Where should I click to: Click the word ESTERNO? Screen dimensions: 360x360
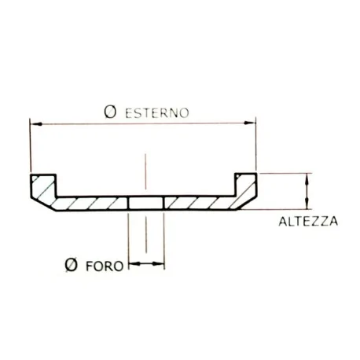tap(157, 112)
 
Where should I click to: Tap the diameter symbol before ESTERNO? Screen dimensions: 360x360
tap(111, 112)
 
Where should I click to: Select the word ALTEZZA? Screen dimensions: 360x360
tap(308, 222)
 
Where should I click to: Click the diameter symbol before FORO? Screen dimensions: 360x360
tap(72, 265)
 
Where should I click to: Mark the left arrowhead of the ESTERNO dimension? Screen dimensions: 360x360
tap(35, 123)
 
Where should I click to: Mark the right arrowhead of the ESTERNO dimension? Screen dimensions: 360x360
tap(251, 123)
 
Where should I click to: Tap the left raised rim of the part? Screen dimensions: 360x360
tap(42, 186)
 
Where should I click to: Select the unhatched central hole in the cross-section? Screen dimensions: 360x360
tap(146, 204)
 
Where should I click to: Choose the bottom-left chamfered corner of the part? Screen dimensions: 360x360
tap(44, 205)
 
